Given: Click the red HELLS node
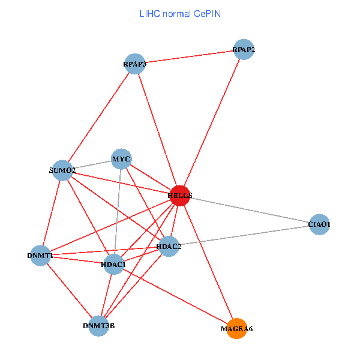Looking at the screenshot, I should point(180,196).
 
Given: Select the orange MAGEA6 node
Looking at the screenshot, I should point(237,328).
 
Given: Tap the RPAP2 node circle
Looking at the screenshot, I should point(244,49).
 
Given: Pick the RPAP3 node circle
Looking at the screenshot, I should point(135,64).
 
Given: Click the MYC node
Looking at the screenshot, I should point(122,159).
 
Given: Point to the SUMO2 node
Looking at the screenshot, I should point(62,170).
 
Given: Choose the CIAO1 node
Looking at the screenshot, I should point(319,224).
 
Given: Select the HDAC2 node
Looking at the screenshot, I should point(169,246).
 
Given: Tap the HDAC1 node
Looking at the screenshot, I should point(113,264).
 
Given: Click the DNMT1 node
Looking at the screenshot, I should point(40,256).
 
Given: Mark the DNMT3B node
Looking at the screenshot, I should point(98,326).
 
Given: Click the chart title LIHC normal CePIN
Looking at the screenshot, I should point(179,13).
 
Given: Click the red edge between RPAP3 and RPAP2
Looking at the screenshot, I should point(189,57).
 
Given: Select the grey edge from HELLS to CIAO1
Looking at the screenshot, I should point(250,210).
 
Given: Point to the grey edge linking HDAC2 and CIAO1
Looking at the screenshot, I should point(244,235).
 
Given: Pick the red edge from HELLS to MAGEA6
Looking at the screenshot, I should point(208,262).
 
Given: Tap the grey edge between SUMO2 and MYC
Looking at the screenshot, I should point(92,165).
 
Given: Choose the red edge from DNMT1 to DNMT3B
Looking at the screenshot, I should point(69,290).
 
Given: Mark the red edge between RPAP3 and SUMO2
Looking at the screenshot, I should point(98,117).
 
